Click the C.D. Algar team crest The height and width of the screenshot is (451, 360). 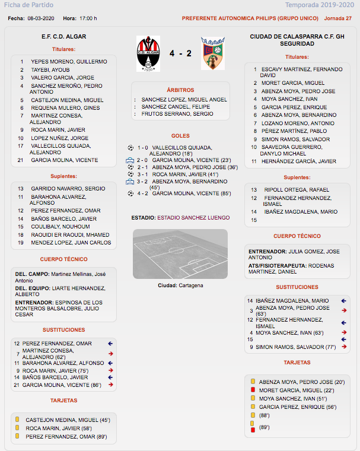[x=148, y=53]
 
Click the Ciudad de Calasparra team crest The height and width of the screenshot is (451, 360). [x=212, y=53]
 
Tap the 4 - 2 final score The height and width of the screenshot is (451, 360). [x=180, y=53]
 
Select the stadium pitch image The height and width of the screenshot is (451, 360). [x=180, y=255]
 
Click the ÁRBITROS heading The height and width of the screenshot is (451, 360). [x=180, y=89]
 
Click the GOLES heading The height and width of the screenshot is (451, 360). [x=180, y=136]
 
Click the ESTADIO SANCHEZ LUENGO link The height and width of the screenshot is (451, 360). [x=193, y=218]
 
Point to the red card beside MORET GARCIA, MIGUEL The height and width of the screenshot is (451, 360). [x=253, y=390]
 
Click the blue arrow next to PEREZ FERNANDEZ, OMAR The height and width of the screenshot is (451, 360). [x=110, y=343]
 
